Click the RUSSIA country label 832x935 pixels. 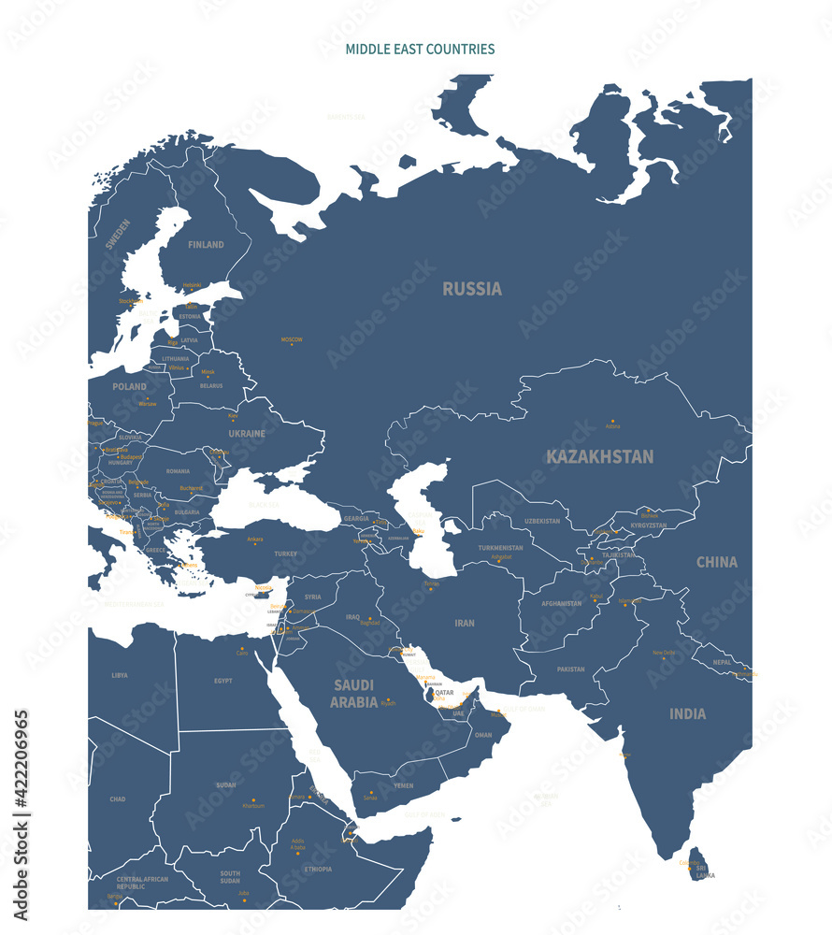tap(472, 289)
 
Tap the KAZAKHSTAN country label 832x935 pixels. tap(599, 456)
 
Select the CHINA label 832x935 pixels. tap(717, 562)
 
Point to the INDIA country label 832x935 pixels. tap(688, 713)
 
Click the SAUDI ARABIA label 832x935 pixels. tap(353, 693)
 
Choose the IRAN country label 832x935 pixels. tap(465, 623)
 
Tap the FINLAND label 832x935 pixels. tap(206, 245)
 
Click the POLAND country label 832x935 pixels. tap(130, 386)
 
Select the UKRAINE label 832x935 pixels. tap(247, 434)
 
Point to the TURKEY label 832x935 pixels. tap(285, 554)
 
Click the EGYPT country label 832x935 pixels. tap(222, 681)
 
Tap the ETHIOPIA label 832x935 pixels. tap(318, 869)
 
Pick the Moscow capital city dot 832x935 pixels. tap(292, 345)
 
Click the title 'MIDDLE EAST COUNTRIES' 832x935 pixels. tap(420, 49)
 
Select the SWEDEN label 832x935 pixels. tap(118, 234)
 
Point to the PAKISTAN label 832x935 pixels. tap(570, 669)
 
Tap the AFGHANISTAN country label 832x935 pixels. tap(562, 603)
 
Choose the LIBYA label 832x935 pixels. tap(120, 675)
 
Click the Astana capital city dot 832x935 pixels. tap(613, 421)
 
